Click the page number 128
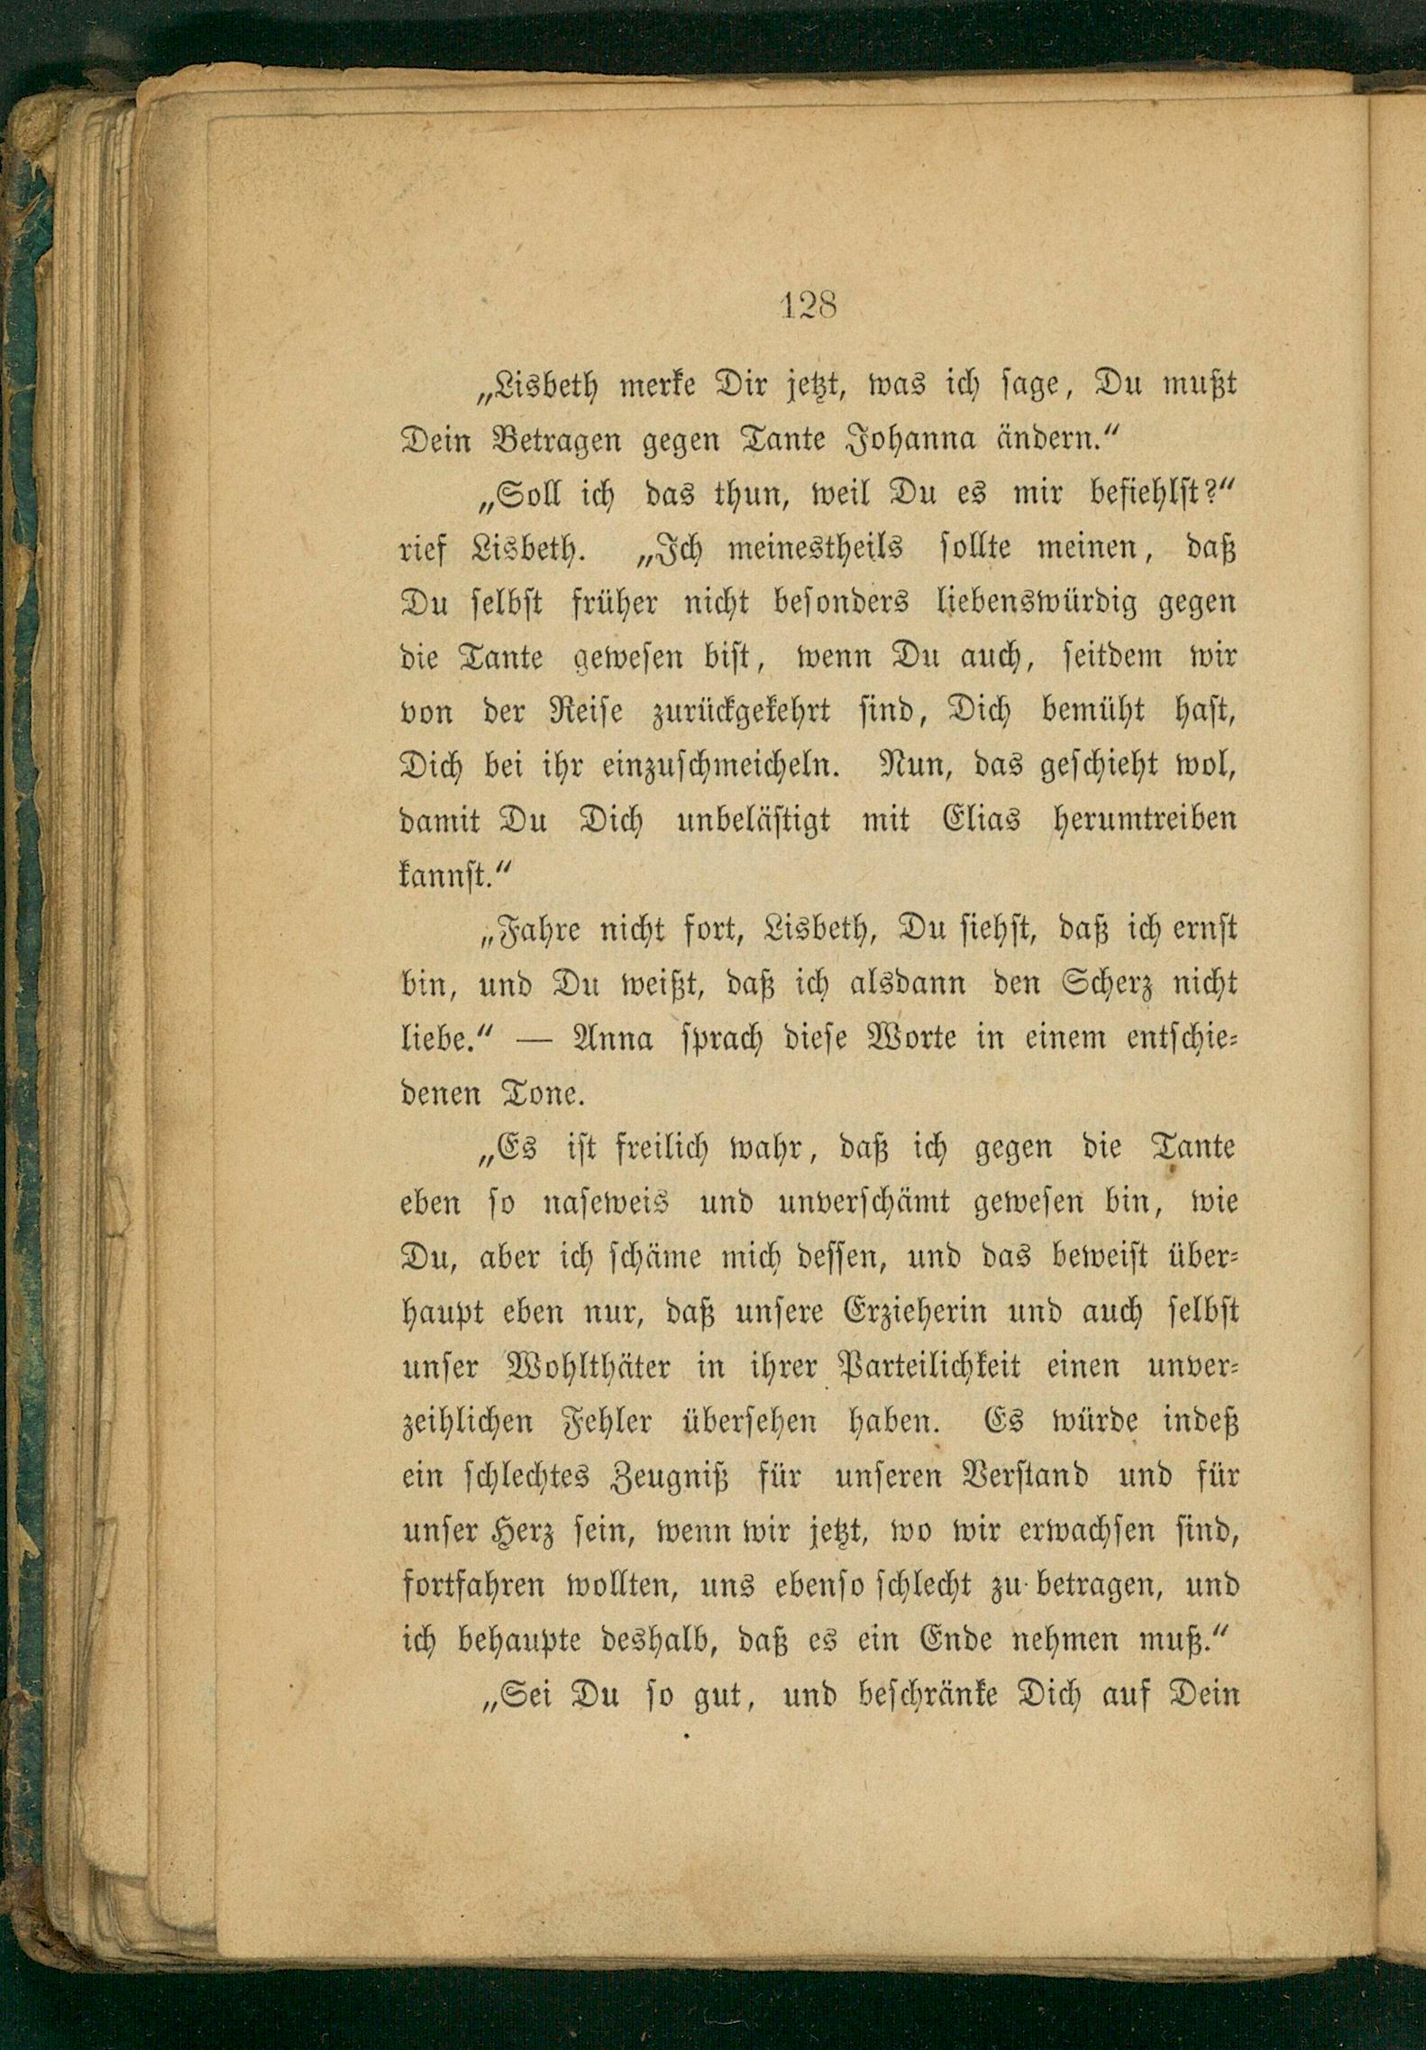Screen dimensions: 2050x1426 click(x=808, y=306)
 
